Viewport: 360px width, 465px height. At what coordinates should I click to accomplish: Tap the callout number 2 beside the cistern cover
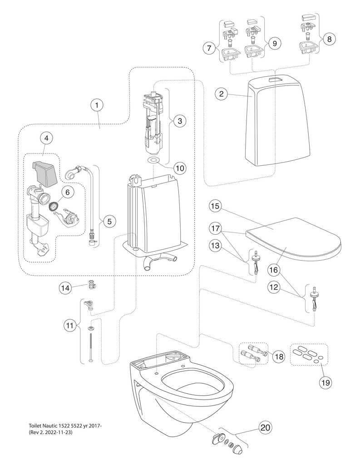[221, 94]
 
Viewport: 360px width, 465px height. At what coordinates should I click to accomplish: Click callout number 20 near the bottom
[265, 428]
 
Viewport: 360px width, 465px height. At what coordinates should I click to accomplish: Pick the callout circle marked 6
[67, 192]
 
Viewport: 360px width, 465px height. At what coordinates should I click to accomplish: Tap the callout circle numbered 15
[216, 206]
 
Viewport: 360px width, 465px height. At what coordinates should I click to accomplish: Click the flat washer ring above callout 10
[155, 161]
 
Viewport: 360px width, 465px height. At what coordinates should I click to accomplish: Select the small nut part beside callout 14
[93, 286]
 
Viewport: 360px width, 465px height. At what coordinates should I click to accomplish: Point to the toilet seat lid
[295, 238]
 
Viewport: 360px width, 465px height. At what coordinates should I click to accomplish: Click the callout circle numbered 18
[278, 357]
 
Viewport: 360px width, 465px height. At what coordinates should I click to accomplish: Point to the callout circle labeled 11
[69, 325]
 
